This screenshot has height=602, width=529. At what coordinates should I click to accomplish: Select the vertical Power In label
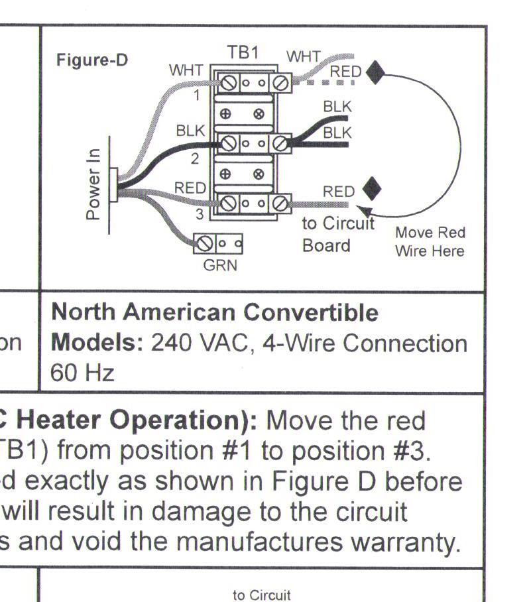[x=93, y=184]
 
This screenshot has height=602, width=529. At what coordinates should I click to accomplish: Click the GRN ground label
[x=220, y=266]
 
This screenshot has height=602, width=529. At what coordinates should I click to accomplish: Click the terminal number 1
[x=196, y=95]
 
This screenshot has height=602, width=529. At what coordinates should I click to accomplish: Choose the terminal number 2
[x=195, y=158]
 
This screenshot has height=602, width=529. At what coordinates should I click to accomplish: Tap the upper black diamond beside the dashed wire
[x=376, y=72]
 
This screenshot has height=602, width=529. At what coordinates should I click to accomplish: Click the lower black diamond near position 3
[x=373, y=188]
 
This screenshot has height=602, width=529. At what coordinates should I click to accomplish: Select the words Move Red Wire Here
[x=430, y=242]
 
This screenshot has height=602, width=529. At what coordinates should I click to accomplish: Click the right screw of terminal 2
[x=280, y=143]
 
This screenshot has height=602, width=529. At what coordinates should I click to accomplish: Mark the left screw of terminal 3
[x=229, y=202]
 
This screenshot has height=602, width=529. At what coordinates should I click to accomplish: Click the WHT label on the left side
[x=186, y=70]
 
